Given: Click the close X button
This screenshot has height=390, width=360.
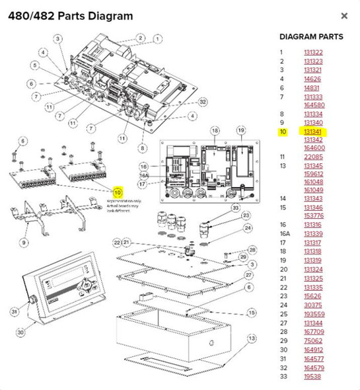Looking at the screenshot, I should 343,15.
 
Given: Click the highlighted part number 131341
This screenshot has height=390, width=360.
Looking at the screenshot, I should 313,132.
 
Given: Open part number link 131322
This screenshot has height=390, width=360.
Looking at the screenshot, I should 313,53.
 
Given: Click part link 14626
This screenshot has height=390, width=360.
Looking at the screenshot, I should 312,78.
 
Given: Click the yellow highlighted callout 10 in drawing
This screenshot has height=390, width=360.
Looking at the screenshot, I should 118,192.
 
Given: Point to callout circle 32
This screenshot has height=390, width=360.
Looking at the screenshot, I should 202,102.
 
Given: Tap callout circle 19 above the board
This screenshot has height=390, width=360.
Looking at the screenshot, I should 240,131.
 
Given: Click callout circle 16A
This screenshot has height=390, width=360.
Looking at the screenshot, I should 144,176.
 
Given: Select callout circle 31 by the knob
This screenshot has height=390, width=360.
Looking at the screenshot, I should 15,311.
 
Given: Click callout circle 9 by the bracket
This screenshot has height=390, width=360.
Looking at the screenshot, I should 24,242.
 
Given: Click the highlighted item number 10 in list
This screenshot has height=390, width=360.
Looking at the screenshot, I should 282,132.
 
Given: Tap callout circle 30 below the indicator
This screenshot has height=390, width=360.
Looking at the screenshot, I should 20,331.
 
